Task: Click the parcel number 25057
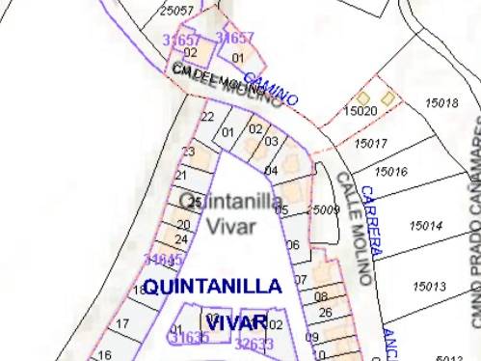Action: coord(176,11)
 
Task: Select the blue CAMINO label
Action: coord(270,90)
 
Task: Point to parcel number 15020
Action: coord(360,112)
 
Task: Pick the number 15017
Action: coord(370,144)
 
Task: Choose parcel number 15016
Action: coord(389,172)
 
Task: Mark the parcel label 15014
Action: coord(425,226)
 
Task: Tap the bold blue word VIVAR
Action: coord(234,321)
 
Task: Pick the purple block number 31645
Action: coord(163,260)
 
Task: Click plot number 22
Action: coord(207,117)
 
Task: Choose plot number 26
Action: coord(325,313)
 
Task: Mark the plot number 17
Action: coord(122,323)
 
